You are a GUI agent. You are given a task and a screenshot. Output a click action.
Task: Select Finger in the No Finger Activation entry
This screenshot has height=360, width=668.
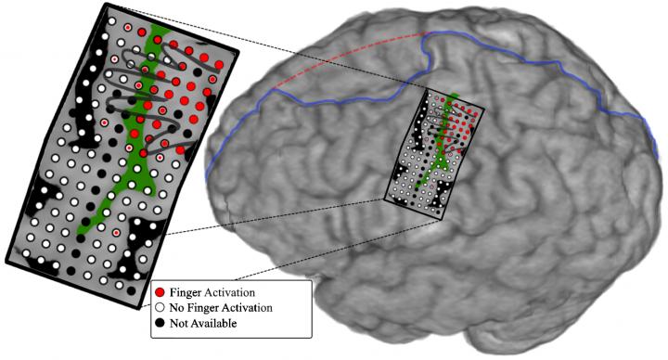(206, 309)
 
